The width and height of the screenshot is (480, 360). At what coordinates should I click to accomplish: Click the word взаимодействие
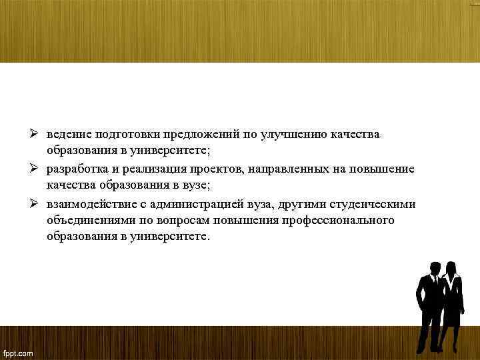[x=87, y=204]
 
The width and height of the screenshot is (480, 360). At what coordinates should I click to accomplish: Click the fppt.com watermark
[x=18, y=351]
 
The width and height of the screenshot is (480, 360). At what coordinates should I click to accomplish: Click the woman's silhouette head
[x=451, y=267]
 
